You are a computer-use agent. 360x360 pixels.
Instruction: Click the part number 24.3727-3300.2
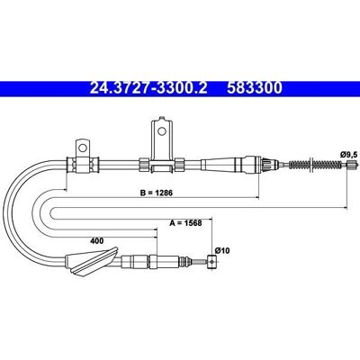[x=148, y=88]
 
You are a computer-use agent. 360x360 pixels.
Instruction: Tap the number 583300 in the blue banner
[x=255, y=88]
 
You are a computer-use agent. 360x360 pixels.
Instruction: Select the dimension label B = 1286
[x=157, y=193]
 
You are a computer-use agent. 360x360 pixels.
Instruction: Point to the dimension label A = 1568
[x=185, y=223]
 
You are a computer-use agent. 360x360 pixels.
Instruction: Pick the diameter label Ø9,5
[x=348, y=155]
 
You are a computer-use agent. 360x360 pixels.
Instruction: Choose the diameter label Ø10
[x=222, y=250]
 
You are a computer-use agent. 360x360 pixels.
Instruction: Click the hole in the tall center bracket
[x=162, y=131]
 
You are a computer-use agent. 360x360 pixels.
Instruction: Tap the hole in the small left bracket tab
[x=82, y=148]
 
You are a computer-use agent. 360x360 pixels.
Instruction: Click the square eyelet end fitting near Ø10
[x=212, y=262]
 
